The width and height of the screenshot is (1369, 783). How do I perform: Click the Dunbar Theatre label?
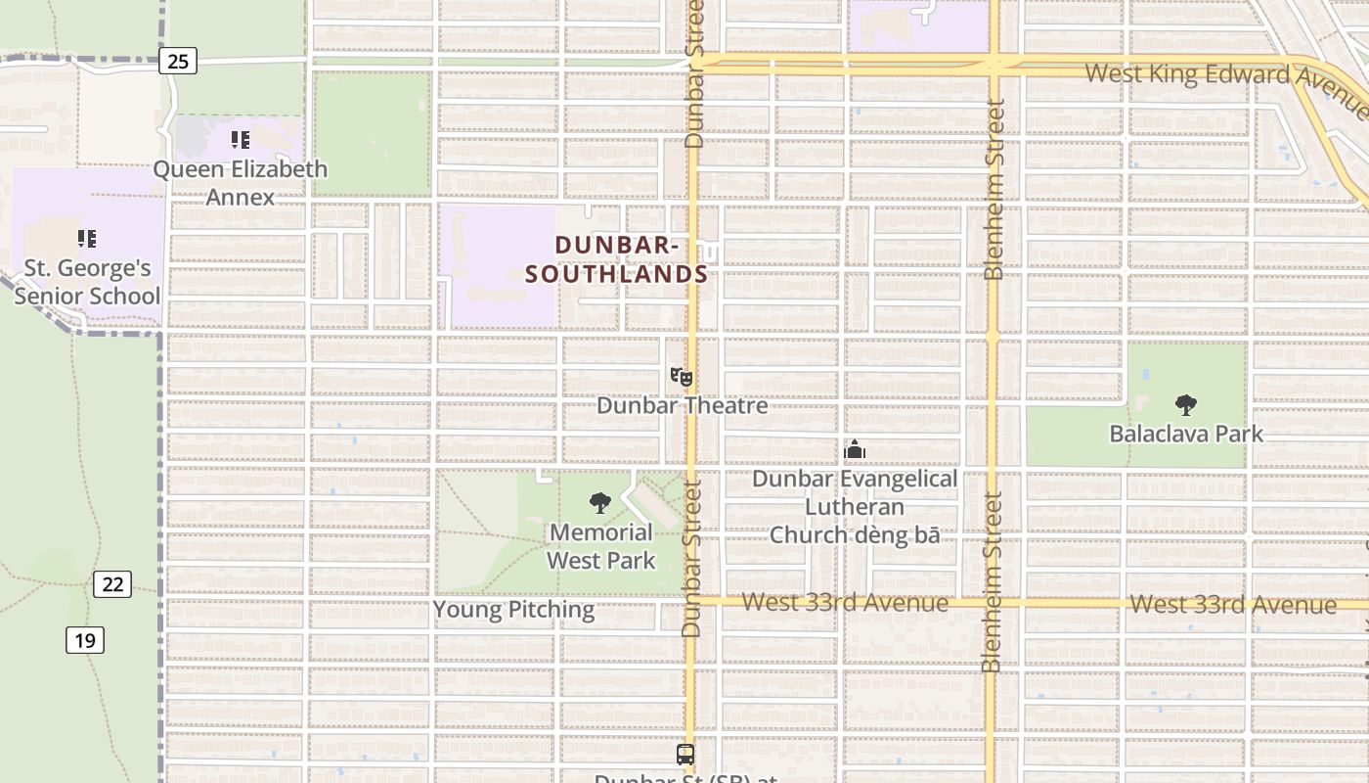pyautogui.click(x=682, y=405)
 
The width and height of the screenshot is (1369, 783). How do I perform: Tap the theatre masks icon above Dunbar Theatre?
pyautogui.click(x=682, y=377)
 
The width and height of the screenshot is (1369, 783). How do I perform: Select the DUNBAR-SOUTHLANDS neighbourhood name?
pyautogui.click(x=616, y=259)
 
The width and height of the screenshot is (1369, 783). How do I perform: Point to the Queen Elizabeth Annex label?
pyautogui.click(x=240, y=183)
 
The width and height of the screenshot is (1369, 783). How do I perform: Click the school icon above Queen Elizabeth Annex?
pyautogui.click(x=240, y=140)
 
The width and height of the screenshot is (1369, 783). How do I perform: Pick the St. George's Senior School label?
pyautogui.click(x=87, y=282)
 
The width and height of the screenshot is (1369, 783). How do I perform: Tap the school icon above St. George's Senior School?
pyautogui.click(x=87, y=238)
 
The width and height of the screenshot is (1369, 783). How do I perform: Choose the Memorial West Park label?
pyautogui.click(x=600, y=546)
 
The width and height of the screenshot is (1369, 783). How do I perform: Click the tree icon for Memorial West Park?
pyautogui.click(x=600, y=503)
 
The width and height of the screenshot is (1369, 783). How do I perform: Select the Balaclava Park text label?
pyautogui.click(x=1186, y=434)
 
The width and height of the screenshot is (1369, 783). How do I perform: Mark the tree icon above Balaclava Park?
pyautogui.click(x=1186, y=404)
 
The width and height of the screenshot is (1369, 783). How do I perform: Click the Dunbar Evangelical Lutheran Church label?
pyautogui.click(x=855, y=507)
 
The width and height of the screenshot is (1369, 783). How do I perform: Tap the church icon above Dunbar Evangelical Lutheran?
pyautogui.click(x=855, y=450)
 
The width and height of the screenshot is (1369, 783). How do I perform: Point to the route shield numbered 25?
pyautogui.click(x=177, y=62)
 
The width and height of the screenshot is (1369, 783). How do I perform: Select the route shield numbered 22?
pyautogui.click(x=112, y=584)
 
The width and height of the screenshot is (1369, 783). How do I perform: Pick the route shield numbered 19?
pyautogui.click(x=85, y=641)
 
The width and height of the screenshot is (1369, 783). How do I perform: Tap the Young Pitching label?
pyautogui.click(x=513, y=610)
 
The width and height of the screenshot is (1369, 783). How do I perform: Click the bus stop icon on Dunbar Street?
pyautogui.click(x=685, y=755)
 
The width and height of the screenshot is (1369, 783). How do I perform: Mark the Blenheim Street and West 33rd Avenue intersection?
pyautogui.click(x=992, y=601)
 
